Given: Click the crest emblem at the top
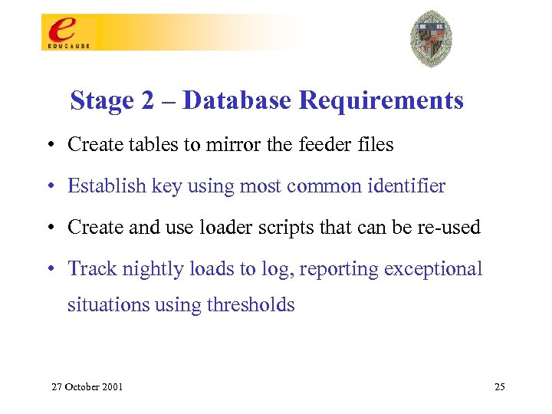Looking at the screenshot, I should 431,39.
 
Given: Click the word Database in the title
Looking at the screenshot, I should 237,100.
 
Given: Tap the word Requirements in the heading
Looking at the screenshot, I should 381,100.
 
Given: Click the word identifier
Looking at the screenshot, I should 408,186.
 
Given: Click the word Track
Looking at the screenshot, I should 88,268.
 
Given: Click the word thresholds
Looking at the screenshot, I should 251,304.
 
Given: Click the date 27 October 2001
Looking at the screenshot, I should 87,386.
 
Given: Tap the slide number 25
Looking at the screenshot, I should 500,386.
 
